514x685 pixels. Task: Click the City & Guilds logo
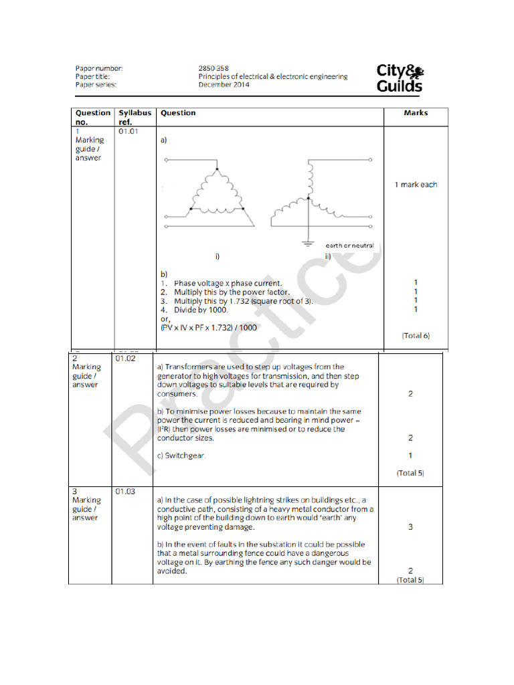400,78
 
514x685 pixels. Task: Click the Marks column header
416,113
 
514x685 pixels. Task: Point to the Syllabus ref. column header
135,117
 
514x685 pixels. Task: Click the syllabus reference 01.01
127,132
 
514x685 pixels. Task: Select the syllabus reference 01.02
125,359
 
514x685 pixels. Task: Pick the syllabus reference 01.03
125,492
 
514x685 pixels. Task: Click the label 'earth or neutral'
349,246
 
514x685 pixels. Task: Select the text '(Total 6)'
415,335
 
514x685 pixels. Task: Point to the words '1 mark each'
416,185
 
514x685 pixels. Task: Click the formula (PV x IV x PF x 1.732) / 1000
209,328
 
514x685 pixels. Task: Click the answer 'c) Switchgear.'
181,456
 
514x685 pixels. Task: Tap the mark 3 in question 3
410,527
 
